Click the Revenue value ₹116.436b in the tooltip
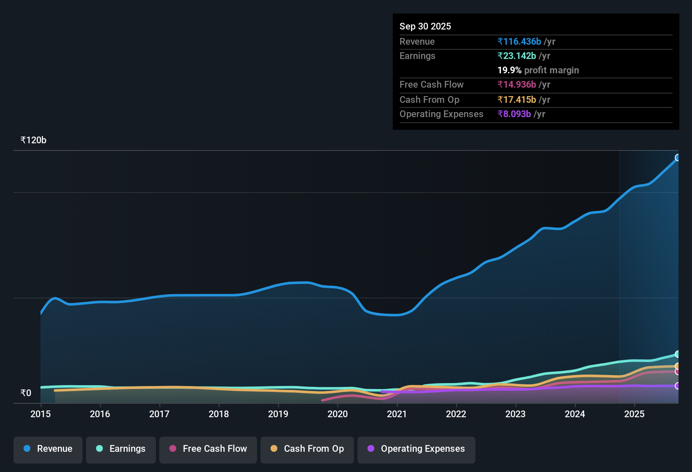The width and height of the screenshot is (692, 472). click(519, 41)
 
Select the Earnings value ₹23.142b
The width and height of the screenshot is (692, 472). click(517, 56)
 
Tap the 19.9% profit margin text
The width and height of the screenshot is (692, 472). click(538, 70)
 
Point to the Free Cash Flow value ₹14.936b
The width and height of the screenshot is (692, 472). click(517, 84)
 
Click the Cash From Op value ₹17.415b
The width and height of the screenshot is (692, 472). click(517, 99)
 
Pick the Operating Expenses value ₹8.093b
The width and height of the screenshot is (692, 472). click(514, 114)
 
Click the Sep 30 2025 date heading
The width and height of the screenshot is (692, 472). click(425, 26)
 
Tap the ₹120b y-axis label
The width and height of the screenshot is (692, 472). click(33, 140)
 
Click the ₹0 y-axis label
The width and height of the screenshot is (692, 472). click(26, 393)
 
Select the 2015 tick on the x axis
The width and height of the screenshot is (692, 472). click(40, 414)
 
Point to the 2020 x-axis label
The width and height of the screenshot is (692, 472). click(337, 414)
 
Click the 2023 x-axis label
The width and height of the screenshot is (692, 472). click(515, 414)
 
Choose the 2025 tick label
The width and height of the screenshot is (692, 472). click(634, 414)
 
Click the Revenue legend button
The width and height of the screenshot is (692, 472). click(48, 449)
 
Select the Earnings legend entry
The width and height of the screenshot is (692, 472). click(121, 449)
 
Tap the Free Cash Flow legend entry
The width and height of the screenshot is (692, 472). click(208, 449)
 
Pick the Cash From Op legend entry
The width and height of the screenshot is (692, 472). click(307, 449)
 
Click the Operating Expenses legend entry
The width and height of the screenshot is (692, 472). click(416, 449)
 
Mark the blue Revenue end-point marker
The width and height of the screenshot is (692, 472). click(678, 158)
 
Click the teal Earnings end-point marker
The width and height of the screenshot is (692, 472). click(678, 354)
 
